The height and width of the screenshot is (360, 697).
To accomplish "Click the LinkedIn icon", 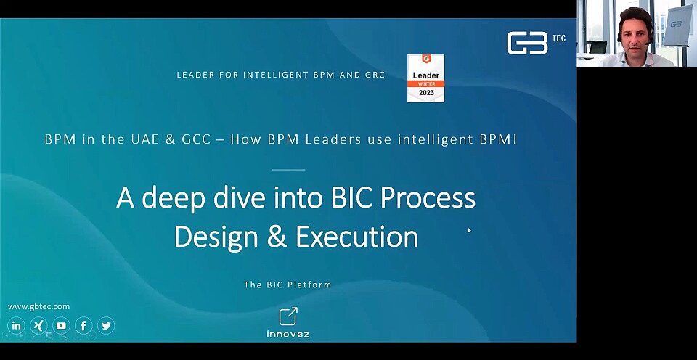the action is point(16,325).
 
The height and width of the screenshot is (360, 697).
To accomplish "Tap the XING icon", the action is point(38,325).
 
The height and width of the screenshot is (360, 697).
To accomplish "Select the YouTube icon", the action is point(61,325).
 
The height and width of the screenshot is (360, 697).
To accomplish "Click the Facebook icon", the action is point(83,325).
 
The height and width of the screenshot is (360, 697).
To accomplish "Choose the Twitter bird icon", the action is point(106,325).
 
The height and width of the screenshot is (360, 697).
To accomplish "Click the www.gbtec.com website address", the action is point(38,306).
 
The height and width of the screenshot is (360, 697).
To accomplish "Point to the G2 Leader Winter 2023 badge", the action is point(425,78).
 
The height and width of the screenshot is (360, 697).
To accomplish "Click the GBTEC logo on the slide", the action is point(536,43).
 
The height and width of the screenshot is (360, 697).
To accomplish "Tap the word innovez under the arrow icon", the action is point(288,334).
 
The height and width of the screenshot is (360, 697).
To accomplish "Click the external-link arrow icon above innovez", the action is point(288,316).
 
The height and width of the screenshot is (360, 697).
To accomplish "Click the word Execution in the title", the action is point(357,237).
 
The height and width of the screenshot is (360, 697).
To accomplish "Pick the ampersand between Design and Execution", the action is point(277,237).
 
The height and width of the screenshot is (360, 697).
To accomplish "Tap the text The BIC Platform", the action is point(288,285).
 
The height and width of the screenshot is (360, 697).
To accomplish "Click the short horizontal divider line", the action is point(288,169).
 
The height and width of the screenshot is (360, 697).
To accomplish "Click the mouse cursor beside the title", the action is point(470,230).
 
